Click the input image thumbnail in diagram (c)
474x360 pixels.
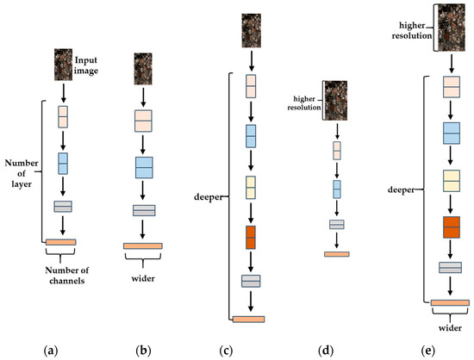pos(251,32)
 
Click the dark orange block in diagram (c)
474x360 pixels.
pos(251,237)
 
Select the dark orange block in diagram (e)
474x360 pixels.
pos(450,227)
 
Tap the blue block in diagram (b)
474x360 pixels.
pos(144,166)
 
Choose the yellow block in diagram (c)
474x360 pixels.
pos(251,187)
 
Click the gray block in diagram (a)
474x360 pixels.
pos(62,206)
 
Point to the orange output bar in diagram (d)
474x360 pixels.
pos(337,254)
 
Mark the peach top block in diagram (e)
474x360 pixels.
pos(450,87)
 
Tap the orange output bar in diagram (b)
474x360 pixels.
pos(144,247)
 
